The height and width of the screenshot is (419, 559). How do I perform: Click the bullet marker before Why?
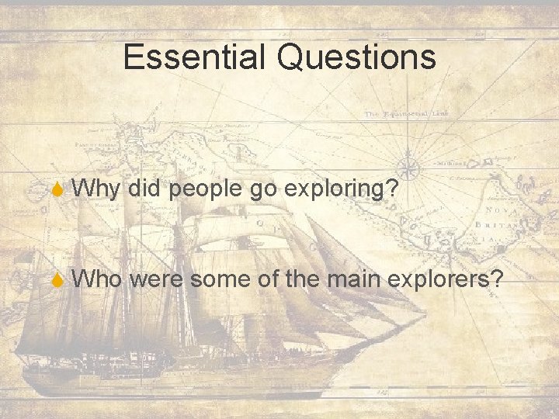(59, 188)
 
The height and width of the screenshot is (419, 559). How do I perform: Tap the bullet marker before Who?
(59, 279)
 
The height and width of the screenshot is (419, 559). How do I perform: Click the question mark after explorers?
(495, 278)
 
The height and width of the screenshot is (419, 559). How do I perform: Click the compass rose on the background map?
(409, 165)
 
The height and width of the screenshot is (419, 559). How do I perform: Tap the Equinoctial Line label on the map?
(407, 114)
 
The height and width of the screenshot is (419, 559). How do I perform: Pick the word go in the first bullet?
(261, 189)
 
